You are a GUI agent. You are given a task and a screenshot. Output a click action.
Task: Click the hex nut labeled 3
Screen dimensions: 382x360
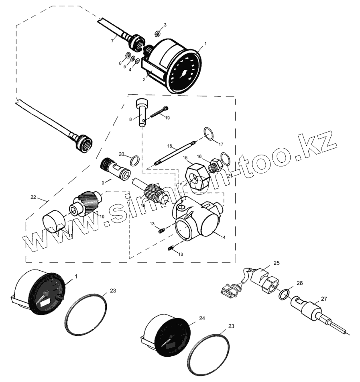click(158, 34)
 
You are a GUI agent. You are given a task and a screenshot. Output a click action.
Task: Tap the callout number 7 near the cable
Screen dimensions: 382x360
click(113, 41)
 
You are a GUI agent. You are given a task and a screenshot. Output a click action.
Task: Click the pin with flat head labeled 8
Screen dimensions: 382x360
click(142, 112)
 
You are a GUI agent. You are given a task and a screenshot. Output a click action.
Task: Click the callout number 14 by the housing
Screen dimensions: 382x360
click(223, 237)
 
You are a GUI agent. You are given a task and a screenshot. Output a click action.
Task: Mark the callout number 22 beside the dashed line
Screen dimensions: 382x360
click(33, 197)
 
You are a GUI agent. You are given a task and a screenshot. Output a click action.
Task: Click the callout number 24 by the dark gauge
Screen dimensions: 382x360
click(201, 319)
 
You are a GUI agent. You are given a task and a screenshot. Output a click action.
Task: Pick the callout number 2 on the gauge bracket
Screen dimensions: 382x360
click(144, 80)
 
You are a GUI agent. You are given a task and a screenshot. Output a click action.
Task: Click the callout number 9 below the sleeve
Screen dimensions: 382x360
click(103, 183)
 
